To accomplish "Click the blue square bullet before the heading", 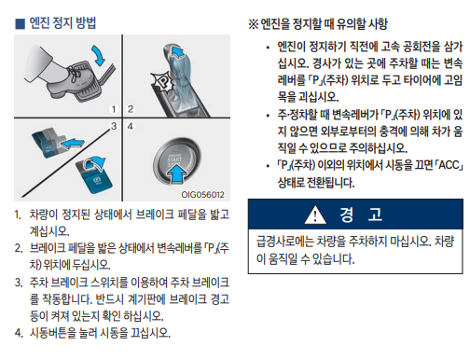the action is point(20,24).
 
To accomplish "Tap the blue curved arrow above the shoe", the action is point(100,55).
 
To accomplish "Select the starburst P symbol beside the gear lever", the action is point(162,82).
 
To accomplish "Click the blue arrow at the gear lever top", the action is point(177,51).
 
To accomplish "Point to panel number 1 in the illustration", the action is point(114,109).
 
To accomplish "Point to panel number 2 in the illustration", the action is point(131,109).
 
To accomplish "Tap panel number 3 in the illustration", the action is point(114,126).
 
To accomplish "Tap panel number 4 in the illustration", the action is point(131,126).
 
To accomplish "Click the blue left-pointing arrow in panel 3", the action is point(72,144).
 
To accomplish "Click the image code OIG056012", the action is point(202,195).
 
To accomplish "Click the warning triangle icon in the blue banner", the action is point(315,215).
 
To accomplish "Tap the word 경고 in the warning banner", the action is point(361,215).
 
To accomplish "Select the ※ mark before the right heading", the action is point(254,24).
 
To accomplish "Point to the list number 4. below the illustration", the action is point(19,333).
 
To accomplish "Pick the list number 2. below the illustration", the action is point(19,248).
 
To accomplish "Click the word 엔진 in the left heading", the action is point(39,23).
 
